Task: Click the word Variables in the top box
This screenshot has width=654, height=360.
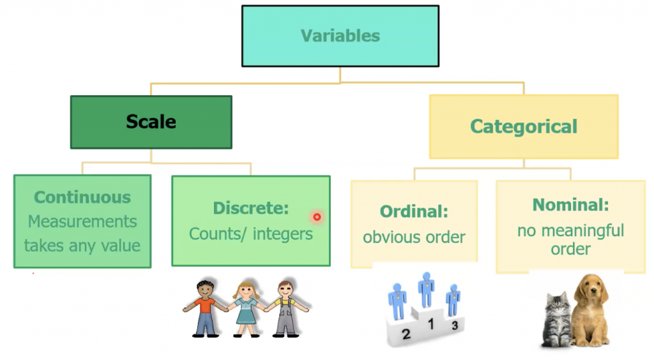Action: point(340,36)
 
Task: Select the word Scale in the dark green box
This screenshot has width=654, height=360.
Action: point(151,122)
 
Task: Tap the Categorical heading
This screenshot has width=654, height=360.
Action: point(524,126)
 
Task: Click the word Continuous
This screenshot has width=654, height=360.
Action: point(82,197)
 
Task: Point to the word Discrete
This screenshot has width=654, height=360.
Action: point(250,208)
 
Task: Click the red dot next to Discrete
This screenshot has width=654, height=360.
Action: point(317,216)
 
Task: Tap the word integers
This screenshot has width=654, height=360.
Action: point(282,234)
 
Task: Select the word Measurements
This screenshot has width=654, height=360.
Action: point(82,221)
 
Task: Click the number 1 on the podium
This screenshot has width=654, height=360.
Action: point(431,324)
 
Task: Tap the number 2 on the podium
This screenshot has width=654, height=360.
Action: point(406,333)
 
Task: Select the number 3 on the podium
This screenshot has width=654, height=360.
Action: point(455,325)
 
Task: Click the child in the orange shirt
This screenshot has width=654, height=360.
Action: point(205,308)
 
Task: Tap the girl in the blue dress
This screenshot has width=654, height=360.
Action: point(247,308)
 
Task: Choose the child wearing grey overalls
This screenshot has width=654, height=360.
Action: point(286,308)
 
